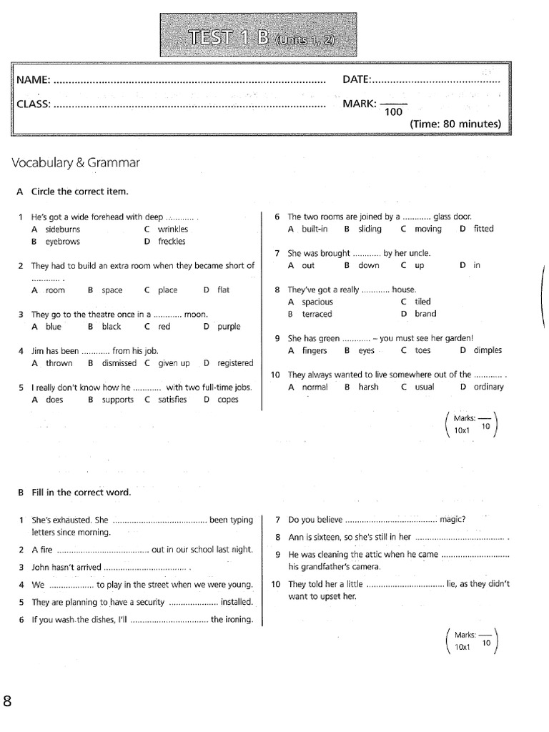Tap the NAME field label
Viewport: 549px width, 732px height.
tap(33, 79)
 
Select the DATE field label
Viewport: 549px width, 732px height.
tap(357, 79)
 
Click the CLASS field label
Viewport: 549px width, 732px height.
tap(34, 104)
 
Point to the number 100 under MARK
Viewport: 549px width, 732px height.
tap(394, 112)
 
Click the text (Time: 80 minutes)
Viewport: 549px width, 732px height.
tap(455, 124)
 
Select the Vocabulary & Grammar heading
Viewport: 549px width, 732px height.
tap(76, 163)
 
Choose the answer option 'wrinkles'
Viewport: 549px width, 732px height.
tap(173, 229)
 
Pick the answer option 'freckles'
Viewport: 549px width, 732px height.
tap(172, 242)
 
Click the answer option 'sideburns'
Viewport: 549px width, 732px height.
tap(63, 229)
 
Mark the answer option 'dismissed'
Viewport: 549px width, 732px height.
tap(119, 363)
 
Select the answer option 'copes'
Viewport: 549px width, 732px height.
tap(228, 400)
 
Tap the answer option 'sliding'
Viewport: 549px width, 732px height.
tap(370, 229)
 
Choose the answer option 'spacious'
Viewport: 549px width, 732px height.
tap(317, 302)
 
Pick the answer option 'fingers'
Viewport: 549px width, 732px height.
tap(315, 350)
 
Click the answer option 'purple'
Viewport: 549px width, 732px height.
tap(229, 327)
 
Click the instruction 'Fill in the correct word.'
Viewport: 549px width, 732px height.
tap(81, 493)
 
